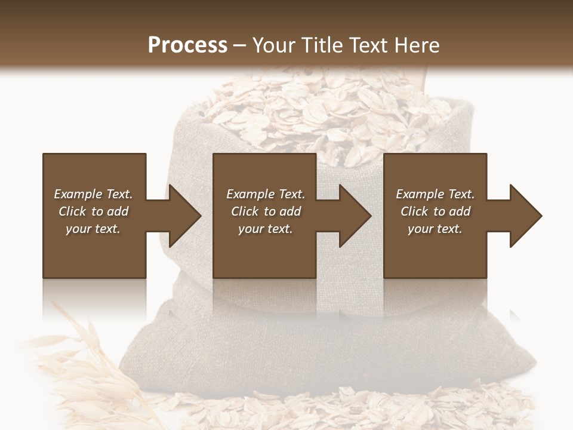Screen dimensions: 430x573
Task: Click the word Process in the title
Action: tap(187, 45)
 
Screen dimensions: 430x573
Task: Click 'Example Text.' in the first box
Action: tap(93, 194)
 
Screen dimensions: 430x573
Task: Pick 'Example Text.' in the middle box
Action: tap(266, 194)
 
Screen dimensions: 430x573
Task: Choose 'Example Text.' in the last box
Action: tap(435, 194)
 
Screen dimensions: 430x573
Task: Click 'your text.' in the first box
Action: tap(93, 229)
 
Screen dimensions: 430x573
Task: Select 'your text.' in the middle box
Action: tap(266, 229)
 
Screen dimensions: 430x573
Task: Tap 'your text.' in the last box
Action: tap(435, 229)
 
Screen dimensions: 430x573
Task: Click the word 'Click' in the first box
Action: tap(72, 211)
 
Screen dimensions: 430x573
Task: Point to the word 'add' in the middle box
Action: tap(289, 211)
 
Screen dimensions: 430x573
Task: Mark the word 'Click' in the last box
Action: tap(414, 211)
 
